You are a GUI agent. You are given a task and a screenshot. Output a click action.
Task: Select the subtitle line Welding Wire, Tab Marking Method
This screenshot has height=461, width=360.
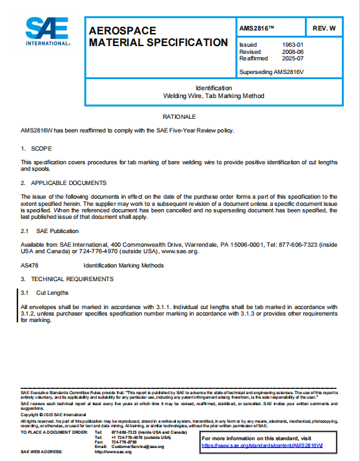pos(213,95)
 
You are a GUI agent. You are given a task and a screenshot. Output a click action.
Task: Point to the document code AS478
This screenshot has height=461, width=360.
pos(30,266)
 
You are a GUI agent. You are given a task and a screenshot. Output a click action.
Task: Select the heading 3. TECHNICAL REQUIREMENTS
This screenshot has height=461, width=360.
pos(67,279)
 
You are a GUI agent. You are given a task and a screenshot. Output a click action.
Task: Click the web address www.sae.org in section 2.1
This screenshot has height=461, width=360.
pos(178,251)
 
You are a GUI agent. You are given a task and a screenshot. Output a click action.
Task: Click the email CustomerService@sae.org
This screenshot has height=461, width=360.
pos(138,447)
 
